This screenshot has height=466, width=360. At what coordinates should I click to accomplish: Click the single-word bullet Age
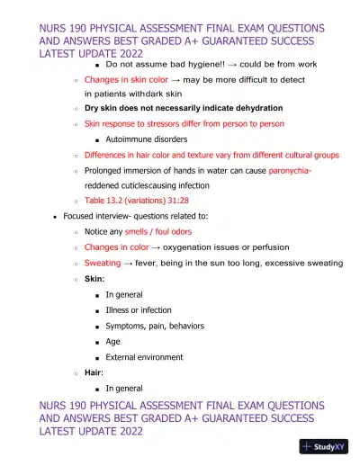114,341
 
